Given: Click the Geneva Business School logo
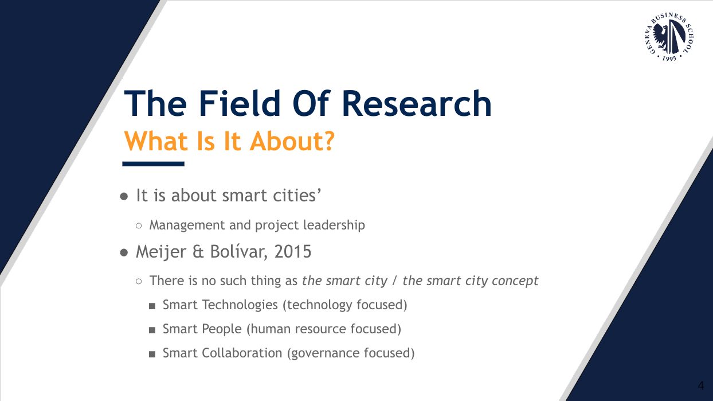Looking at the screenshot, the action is point(668,37).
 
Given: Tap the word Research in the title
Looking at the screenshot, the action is point(417,104).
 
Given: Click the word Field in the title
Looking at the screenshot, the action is point(240,103).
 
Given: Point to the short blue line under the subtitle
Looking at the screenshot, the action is point(154,163).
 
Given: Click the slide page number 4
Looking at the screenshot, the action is point(700,386).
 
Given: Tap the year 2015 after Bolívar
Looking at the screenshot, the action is point(293,252).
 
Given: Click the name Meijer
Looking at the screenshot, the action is point(160,252).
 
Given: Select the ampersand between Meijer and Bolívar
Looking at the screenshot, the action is point(198,252).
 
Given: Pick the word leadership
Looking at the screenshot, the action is point(334,225).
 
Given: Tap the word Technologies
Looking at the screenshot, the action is point(240,305).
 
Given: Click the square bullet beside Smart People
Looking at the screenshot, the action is point(152,330).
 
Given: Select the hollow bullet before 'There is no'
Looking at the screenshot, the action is point(139,282).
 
